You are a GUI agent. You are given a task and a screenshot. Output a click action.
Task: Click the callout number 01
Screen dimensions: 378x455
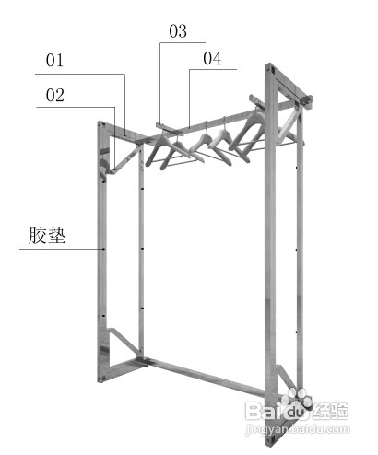click(54, 61)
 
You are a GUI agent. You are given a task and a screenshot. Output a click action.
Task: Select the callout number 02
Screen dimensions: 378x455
click(55, 95)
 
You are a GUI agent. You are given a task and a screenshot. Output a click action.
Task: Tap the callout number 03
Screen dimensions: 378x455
click(178, 31)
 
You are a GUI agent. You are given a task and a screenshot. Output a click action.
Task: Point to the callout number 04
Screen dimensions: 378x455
click(212, 58)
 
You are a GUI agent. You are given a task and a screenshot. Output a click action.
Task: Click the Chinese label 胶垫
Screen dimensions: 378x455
click(47, 236)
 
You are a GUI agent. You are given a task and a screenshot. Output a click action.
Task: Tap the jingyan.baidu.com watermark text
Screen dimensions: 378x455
click(297, 429)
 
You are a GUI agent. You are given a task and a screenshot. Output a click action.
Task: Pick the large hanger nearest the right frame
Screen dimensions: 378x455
click(247, 132)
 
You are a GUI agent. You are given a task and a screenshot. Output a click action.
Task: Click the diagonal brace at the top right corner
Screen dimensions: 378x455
click(289, 126)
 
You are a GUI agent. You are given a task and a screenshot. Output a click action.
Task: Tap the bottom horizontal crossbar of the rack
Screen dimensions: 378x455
click(207, 377)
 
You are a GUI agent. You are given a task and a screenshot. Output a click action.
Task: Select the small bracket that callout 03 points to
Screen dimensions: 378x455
click(170, 129)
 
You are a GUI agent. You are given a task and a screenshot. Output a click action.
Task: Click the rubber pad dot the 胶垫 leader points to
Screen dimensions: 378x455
click(103, 249)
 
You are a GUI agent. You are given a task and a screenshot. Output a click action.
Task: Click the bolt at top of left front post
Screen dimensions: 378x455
click(102, 125)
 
